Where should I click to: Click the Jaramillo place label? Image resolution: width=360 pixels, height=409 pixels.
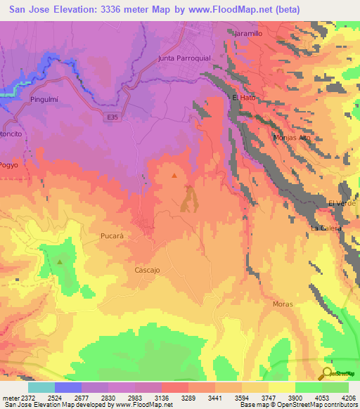point(248,33)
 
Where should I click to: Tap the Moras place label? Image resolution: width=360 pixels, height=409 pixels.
point(282,304)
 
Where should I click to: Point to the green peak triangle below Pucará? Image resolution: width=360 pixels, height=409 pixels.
point(60,262)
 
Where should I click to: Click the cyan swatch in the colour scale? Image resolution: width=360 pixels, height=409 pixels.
point(41,387)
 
